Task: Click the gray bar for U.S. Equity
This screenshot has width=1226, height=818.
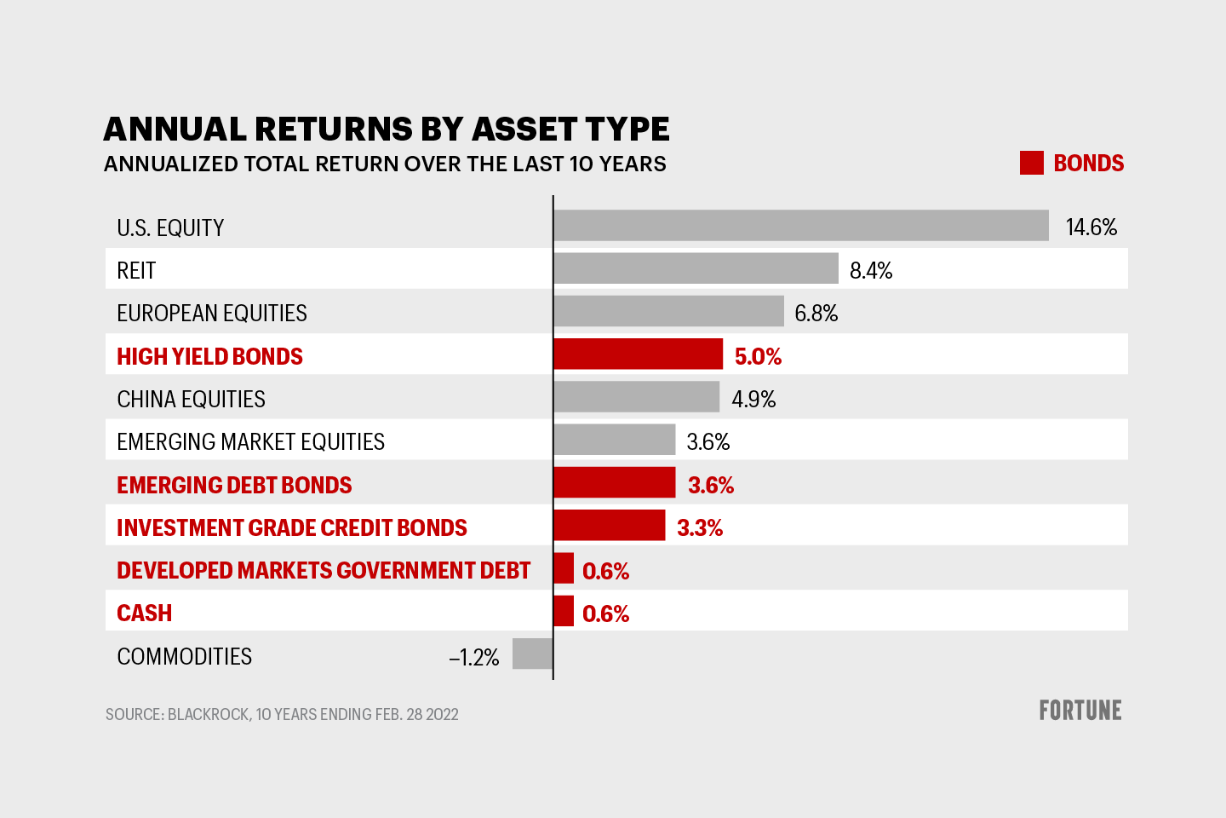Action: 800,226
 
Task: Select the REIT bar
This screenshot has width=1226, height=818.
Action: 696,268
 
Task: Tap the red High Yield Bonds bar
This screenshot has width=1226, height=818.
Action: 638,354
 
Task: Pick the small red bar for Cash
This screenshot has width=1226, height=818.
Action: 564,611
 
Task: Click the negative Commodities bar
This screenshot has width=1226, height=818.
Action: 533,654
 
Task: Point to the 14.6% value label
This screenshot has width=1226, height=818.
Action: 1091,228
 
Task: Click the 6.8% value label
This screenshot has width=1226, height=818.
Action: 816,314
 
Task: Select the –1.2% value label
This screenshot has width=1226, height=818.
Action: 474,657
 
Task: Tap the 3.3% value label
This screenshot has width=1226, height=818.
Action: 699,528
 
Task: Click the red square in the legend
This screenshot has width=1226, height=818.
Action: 1031,163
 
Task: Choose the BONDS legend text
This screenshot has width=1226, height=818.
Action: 1088,163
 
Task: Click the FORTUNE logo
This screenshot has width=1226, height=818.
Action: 1080,711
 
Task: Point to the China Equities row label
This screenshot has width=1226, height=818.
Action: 191,399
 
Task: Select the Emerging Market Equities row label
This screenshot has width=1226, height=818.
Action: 250,441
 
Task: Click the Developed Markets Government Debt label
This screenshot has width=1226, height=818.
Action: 324,570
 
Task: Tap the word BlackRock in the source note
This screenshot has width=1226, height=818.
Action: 208,714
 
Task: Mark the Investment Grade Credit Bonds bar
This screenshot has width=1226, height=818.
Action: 609,525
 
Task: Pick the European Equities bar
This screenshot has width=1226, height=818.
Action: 668,311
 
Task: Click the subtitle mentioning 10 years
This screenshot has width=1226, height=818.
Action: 385,164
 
